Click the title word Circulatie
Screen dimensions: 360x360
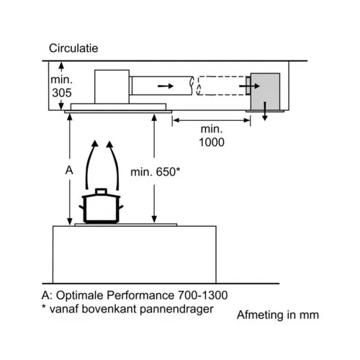[73, 48]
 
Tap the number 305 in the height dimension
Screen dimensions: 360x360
[62, 93]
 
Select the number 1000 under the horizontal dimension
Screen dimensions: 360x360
[212, 142]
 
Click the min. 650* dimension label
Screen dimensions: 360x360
[155, 172]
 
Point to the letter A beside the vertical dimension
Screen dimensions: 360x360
[69, 171]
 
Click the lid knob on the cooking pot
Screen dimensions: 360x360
[101, 191]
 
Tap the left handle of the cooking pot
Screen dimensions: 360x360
[81, 207]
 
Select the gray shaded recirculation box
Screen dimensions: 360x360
[265, 91]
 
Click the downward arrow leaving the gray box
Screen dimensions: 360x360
[265, 111]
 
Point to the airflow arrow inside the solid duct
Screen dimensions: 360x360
[166, 86]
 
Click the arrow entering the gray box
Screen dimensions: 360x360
[250, 86]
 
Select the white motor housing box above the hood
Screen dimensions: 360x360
[112, 86]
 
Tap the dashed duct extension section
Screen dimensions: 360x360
[221, 86]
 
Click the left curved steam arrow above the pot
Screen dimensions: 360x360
[89, 163]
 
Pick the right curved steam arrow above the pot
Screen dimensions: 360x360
[115, 163]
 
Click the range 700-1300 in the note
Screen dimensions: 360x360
[202, 295]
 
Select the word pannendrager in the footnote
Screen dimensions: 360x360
[176, 309]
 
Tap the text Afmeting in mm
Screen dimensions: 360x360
[278, 315]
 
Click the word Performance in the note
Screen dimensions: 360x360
[140, 295]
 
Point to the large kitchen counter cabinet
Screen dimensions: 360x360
[135, 255]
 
